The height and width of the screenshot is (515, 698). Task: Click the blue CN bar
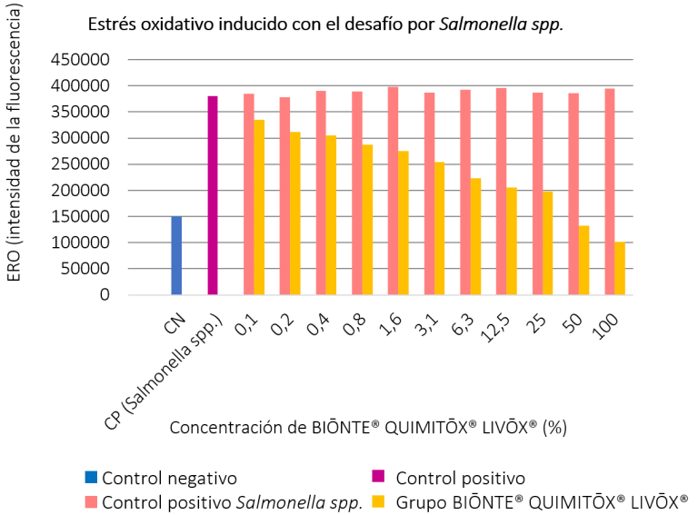click(x=176, y=255)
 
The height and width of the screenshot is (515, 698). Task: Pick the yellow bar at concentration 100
click(x=620, y=268)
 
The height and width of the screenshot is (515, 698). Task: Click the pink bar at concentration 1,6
click(x=393, y=191)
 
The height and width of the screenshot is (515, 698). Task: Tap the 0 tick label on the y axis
click(x=105, y=295)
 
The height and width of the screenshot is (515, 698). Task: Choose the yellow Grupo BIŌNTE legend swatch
click(x=383, y=499)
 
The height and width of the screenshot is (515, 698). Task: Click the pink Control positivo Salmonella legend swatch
click(x=90, y=499)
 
